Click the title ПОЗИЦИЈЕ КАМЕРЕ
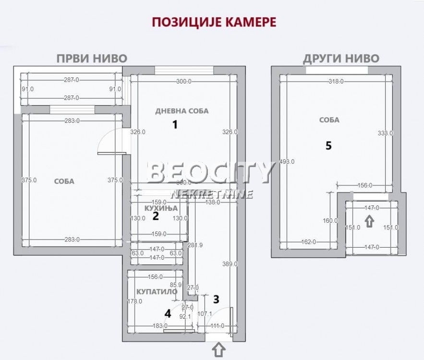(214, 23)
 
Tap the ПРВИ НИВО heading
(92, 59)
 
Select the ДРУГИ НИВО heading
(341, 59)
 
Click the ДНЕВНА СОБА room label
(182, 111)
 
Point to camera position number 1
(175, 125)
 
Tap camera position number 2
(156, 216)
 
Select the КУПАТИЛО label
(157, 291)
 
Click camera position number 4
(168, 314)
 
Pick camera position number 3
(216, 300)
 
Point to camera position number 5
(328, 146)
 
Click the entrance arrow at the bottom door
(219, 349)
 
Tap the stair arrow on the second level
(369, 221)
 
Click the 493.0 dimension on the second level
(287, 162)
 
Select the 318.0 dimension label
(336, 82)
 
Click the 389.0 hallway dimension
(230, 264)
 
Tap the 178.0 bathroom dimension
(135, 301)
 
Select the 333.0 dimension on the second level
(386, 133)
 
